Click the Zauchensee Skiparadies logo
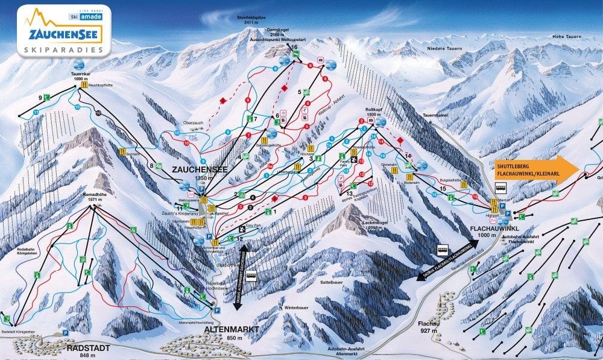click(x=60, y=31)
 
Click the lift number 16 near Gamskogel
click(x=294, y=46)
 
